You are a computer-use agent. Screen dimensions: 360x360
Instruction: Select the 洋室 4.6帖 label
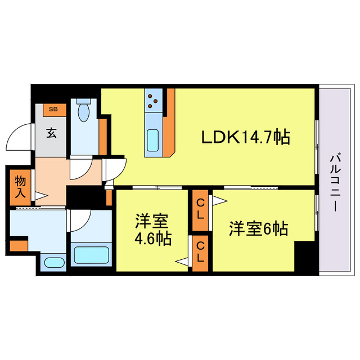pyautogui.click(x=152, y=229)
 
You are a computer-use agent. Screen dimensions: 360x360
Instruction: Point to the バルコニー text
pyautogui.click(x=335, y=181)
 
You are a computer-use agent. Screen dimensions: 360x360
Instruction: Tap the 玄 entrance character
pyautogui.click(x=52, y=133)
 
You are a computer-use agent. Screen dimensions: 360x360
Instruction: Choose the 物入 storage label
pyautogui.click(x=20, y=188)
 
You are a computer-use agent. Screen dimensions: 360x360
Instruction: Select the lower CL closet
pyautogui.click(x=200, y=252)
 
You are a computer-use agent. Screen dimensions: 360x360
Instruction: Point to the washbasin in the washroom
pyautogui.click(x=54, y=262)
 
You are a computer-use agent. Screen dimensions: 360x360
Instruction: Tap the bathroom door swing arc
pyautogui.click(x=79, y=218)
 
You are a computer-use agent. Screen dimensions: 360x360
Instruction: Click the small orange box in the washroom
pyautogui.click(x=19, y=246)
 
